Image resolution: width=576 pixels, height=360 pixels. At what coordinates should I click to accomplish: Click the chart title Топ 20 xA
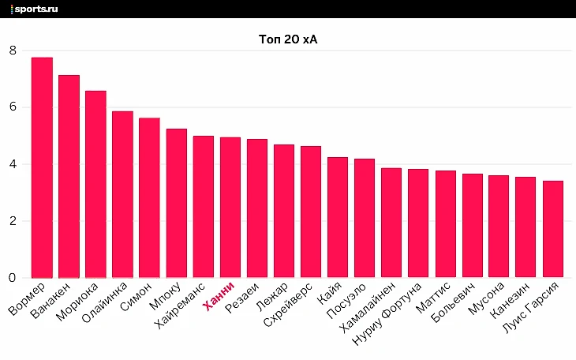288,39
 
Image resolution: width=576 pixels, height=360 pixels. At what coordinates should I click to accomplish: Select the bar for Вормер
42,167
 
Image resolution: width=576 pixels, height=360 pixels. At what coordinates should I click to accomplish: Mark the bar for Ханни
230,208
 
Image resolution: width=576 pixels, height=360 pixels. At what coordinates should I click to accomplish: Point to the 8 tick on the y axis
13,51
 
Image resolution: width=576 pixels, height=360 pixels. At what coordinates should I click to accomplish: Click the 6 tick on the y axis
13,107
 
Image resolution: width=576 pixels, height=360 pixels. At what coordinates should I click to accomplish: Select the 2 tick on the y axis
13,221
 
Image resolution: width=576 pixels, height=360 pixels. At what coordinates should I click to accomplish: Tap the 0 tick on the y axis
13,278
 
